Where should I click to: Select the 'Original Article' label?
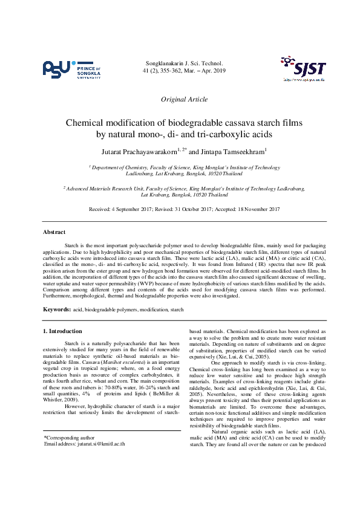click(x=184, y=99)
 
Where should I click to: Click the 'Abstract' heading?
click(x=54, y=232)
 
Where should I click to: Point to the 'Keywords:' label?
click(x=56, y=309)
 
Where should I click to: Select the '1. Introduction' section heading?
click(x=63, y=331)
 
